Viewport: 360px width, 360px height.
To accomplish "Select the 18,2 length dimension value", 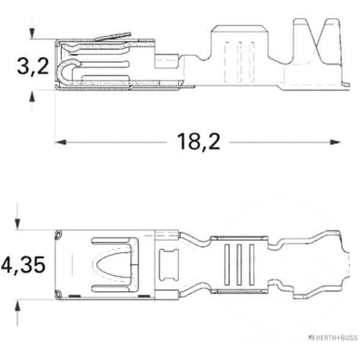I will tap(198, 142).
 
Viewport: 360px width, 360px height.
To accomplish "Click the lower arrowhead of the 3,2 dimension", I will tap(32, 95).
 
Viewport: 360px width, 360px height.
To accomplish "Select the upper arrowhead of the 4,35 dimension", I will tap(19, 224).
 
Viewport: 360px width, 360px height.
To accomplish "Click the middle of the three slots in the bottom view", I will tap(238, 264).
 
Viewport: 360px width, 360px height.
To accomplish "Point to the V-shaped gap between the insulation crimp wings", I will tap(315, 33).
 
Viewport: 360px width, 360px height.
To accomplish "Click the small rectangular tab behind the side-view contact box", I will tap(168, 61).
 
